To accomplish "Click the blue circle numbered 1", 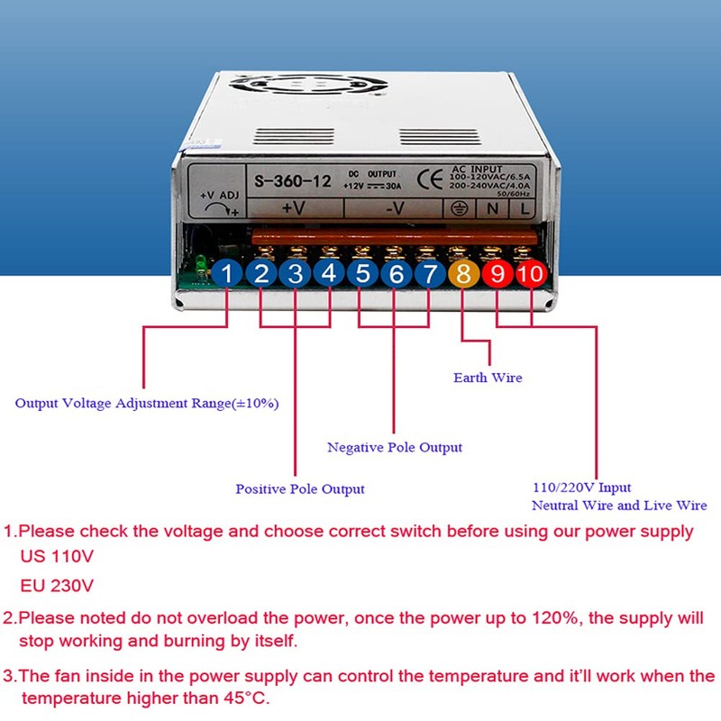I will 228,274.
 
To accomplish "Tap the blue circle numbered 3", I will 295,274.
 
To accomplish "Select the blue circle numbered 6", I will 396,274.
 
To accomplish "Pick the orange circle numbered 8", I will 463,274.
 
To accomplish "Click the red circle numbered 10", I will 532,274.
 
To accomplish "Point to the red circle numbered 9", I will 497,274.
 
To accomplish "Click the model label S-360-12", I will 292,181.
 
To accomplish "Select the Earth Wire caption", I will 488,378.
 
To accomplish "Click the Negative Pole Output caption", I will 394,447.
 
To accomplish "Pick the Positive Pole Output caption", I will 300,488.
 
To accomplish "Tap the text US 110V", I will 56,556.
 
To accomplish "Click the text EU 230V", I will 56,585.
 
